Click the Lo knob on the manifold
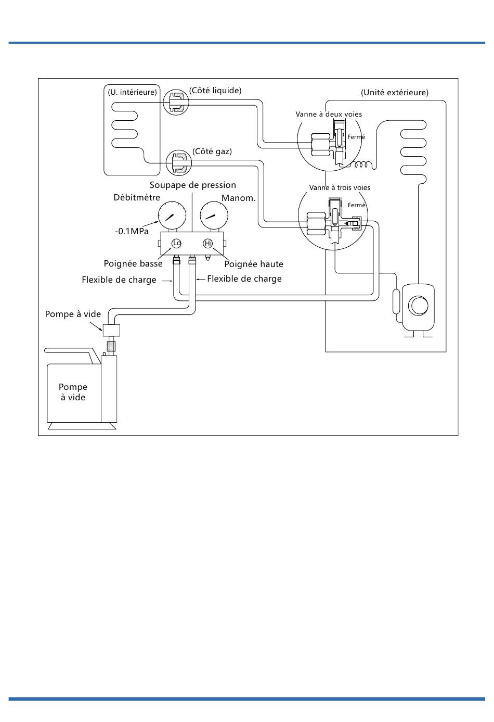click(176, 243)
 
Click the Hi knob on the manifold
click(208, 243)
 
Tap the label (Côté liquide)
click(215, 90)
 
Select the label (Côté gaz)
click(212, 151)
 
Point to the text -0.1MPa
click(132, 231)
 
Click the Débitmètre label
click(137, 197)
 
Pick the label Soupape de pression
click(192, 185)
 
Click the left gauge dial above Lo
click(172, 216)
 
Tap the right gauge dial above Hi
click(214, 216)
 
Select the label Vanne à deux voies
click(329, 114)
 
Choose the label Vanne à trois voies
click(340, 187)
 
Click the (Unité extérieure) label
click(395, 93)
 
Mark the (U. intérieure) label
click(132, 92)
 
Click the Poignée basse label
click(133, 264)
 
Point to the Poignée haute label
click(254, 264)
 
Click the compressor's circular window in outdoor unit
click(418, 306)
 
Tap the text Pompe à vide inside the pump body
click(73, 392)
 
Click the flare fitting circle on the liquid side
click(176, 102)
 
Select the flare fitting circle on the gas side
click(179, 163)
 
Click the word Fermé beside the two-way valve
click(356, 137)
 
